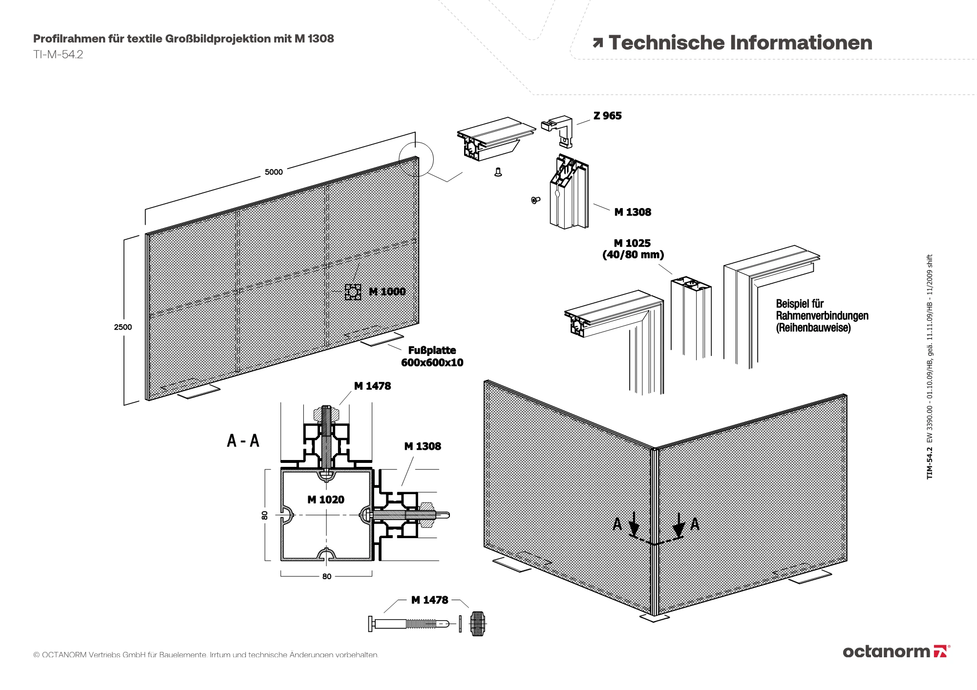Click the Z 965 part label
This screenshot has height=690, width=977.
(x=607, y=116)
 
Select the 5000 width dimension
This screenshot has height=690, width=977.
(x=274, y=172)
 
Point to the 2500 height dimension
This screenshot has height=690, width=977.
(x=123, y=327)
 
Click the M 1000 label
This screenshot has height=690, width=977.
(x=387, y=292)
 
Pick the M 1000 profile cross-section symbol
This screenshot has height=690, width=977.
(x=353, y=292)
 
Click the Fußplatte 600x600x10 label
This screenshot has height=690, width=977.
(x=432, y=356)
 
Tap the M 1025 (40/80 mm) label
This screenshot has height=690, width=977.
(x=633, y=249)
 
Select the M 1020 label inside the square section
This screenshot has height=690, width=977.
(x=326, y=500)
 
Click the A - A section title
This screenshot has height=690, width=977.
(x=243, y=440)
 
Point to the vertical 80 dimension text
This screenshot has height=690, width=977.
(x=265, y=515)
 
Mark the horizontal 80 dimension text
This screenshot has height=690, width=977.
(x=327, y=577)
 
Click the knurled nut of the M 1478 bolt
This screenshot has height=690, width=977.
(x=478, y=624)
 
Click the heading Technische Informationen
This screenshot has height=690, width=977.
(x=740, y=42)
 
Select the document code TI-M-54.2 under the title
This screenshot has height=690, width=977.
(x=58, y=55)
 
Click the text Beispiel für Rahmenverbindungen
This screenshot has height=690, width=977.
(x=822, y=315)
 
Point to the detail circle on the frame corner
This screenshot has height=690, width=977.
(x=416, y=159)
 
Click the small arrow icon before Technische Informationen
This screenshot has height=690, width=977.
(x=597, y=43)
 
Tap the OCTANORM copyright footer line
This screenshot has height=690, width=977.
(x=206, y=655)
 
